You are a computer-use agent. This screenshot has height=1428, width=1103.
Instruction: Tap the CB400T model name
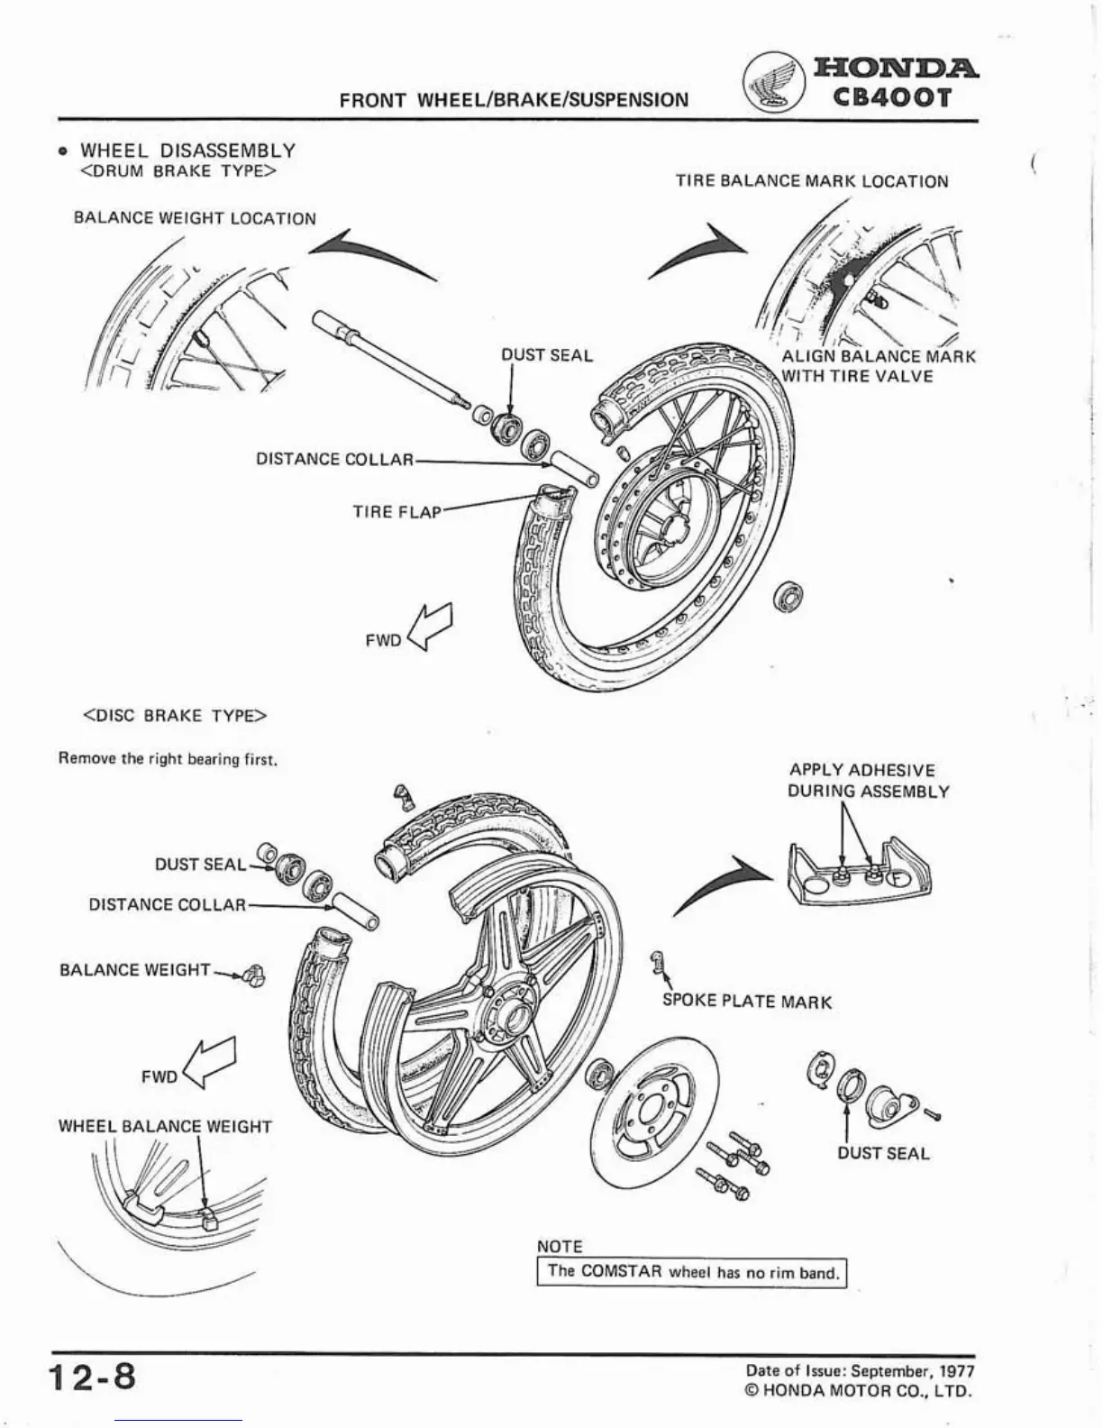pyautogui.click(x=891, y=96)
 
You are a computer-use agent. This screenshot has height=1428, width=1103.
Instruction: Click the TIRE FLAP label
pyautogui.click(x=397, y=512)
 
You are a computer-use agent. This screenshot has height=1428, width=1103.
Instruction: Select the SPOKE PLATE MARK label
pyautogui.click(x=747, y=1002)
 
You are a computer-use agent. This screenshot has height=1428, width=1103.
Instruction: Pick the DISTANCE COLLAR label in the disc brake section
pyautogui.click(x=167, y=904)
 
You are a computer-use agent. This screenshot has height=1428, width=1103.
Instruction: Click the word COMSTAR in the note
pyautogui.click(x=622, y=1272)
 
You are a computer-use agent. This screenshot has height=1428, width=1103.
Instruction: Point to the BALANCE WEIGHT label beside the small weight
pyautogui.click(x=134, y=970)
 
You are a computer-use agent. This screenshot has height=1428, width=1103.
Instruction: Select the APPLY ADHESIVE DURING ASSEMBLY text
pyautogui.click(x=868, y=781)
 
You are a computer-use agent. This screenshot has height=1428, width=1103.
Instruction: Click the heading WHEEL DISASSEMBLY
pyautogui.click(x=187, y=151)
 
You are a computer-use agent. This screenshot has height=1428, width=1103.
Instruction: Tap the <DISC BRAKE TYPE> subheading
pyautogui.click(x=176, y=716)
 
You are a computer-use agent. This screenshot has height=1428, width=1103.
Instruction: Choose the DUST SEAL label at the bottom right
pyautogui.click(x=883, y=1153)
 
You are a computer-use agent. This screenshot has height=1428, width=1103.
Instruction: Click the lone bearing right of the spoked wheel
pyautogui.click(x=791, y=595)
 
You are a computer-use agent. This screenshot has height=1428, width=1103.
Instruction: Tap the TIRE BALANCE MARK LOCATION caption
pyautogui.click(x=812, y=181)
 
